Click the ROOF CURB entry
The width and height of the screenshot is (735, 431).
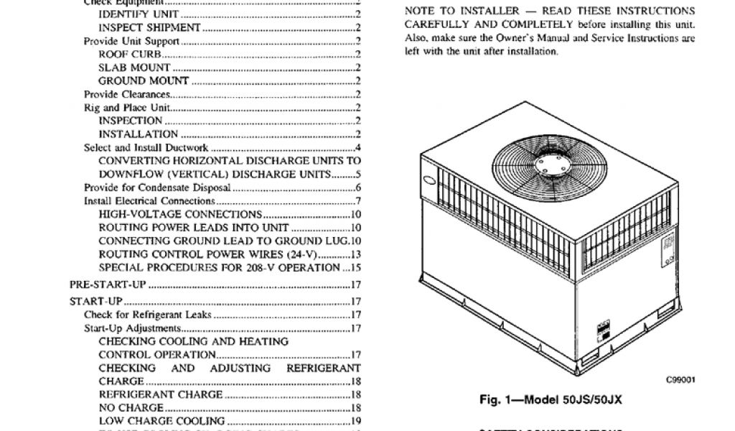click(130, 54)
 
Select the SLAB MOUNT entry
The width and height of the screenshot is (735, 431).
click(134, 68)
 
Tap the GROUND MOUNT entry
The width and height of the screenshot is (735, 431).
click(144, 80)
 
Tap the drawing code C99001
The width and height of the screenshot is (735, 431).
click(679, 381)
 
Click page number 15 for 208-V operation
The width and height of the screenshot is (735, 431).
click(355, 268)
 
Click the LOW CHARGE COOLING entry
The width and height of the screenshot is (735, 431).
click(161, 420)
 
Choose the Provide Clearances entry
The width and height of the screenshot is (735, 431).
click(127, 94)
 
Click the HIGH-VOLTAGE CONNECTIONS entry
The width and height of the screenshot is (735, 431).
click(179, 214)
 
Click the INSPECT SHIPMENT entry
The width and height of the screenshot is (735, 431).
click(149, 27)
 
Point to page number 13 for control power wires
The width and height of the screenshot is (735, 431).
click(355, 254)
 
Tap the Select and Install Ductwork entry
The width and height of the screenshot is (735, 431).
click(146, 148)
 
